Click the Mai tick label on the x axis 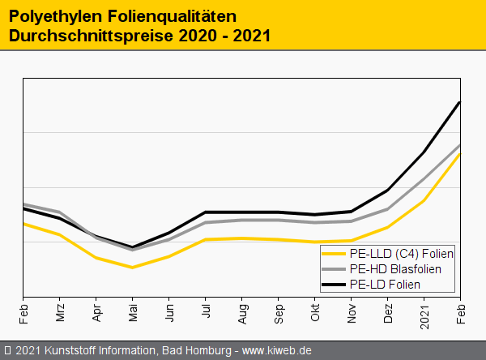pyautogui.click(x=132, y=312)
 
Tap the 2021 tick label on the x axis pyautogui.click(x=424, y=315)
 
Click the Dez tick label pyautogui.click(x=388, y=312)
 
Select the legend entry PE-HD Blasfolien pyautogui.click(x=395, y=268)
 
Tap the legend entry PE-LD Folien pyautogui.click(x=385, y=284)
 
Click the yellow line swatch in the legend pyautogui.click(x=334, y=254)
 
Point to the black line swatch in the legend pyautogui.click(x=334, y=284)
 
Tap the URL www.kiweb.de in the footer pyautogui.click(x=277, y=350)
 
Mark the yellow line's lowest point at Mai pyautogui.click(x=132, y=267)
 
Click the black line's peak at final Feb pyautogui.click(x=459, y=102)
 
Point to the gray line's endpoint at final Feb pyautogui.click(x=459, y=145)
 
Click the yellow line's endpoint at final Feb pyautogui.click(x=459, y=154)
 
